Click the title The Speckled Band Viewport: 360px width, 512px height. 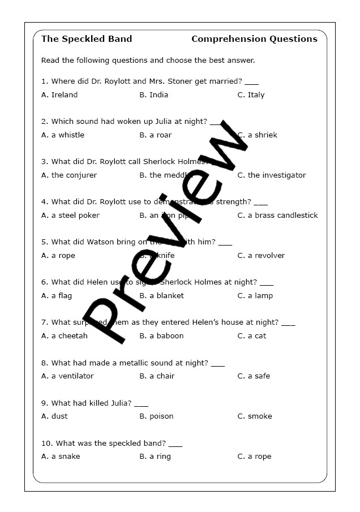point(87,39)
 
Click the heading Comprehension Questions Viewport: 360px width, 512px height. point(254,39)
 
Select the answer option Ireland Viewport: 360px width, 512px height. point(64,95)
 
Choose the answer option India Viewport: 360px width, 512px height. point(158,95)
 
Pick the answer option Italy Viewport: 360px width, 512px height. point(256,95)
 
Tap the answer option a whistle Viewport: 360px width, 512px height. point(67,135)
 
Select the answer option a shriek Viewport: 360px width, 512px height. point(262,135)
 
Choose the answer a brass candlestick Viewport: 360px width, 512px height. point(282,216)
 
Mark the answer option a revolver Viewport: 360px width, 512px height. point(266,256)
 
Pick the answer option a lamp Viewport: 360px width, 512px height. point(260,296)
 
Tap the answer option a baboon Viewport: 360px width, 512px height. point(166,336)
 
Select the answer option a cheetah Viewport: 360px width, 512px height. point(69,336)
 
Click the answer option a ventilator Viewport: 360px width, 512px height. point(72,376)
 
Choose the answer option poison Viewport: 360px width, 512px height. point(161,416)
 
